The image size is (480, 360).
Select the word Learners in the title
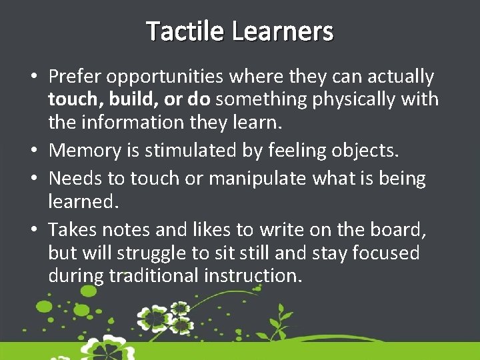coord(283,31)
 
